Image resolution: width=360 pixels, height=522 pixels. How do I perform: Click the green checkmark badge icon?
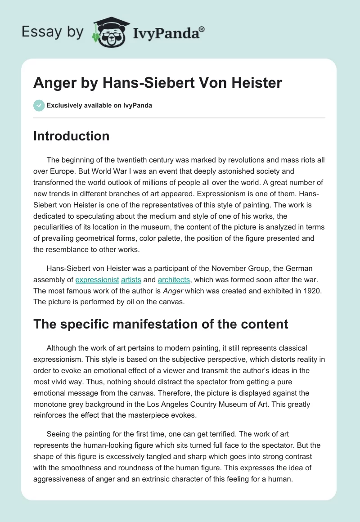(38, 105)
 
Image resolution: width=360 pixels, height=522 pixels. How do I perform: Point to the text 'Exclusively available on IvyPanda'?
(99, 106)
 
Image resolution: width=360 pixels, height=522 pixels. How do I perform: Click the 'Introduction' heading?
(71, 136)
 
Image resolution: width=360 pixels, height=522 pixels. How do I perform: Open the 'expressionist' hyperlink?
(97, 279)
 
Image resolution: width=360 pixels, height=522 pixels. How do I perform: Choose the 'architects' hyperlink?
(174, 279)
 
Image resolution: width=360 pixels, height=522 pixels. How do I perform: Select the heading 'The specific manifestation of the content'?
(161, 324)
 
